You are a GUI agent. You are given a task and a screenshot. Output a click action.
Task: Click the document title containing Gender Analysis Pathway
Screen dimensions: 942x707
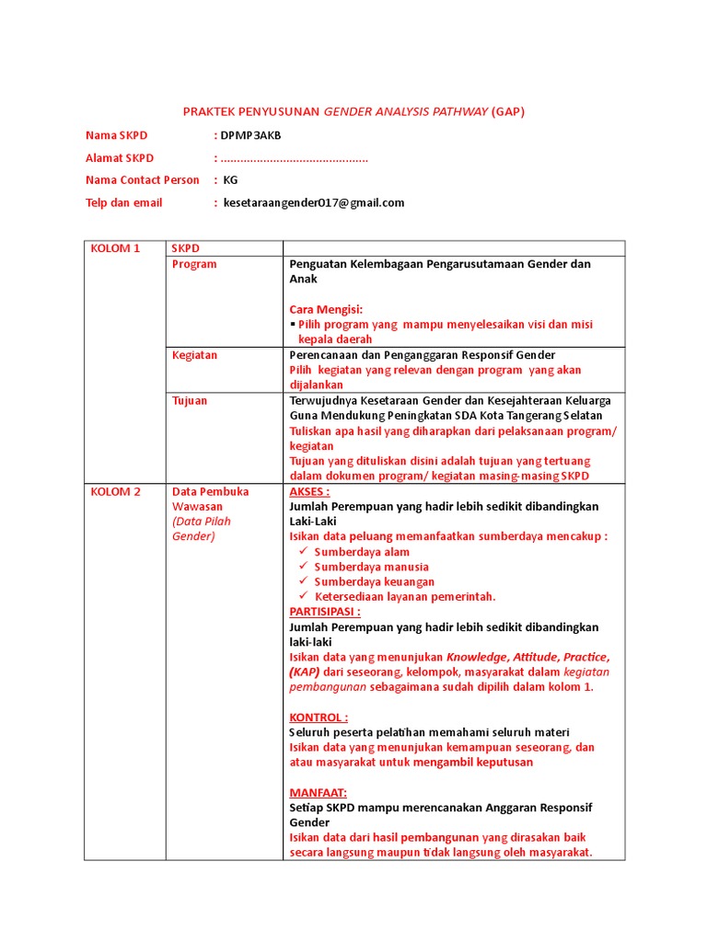click(x=353, y=111)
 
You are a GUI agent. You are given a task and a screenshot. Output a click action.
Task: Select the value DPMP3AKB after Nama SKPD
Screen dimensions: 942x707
click(x=250, y=135)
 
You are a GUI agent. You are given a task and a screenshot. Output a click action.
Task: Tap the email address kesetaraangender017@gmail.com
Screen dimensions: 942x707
click(x=313, y=202)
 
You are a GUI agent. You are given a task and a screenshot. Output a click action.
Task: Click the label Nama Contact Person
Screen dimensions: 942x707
click(x=142, y=180)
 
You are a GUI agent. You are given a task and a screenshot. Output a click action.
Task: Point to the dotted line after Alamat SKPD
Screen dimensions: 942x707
click(x=294, y=158)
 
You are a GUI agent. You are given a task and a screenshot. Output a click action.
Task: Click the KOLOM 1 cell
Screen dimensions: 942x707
click(x=115, y=248)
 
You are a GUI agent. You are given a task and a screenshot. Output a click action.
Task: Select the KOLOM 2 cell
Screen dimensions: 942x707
click(x=115, y=491)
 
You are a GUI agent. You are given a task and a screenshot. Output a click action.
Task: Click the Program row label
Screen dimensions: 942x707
click(x=194, y=264)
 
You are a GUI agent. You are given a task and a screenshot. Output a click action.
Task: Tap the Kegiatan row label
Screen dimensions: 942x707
click(x=194, y=355)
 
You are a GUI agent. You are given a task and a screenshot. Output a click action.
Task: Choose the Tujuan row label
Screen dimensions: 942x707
click(x=190, y=400)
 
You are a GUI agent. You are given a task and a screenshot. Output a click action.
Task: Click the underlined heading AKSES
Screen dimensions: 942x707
click(x=309, y=491)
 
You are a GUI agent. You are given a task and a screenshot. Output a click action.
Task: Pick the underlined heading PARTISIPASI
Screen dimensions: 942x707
click(x=325, y=612)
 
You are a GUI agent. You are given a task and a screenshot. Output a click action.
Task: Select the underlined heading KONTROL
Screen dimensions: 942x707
click(x=319, y=717)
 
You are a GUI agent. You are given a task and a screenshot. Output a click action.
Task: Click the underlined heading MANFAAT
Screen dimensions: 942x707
click(x=318, y=792)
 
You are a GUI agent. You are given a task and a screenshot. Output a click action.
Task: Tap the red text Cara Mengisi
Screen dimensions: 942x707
click(x=326, y=309)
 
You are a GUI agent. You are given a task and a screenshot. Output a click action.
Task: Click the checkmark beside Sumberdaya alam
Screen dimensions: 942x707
click(x=304, y=552)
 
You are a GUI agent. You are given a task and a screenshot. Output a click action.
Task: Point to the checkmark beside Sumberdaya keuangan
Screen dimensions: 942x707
click(x=304, y=581)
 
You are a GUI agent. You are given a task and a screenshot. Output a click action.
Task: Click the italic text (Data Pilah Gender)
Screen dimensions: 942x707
click(x=202, y=529)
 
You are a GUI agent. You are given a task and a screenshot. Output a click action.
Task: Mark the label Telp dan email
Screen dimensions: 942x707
click(x=123, y=202)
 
